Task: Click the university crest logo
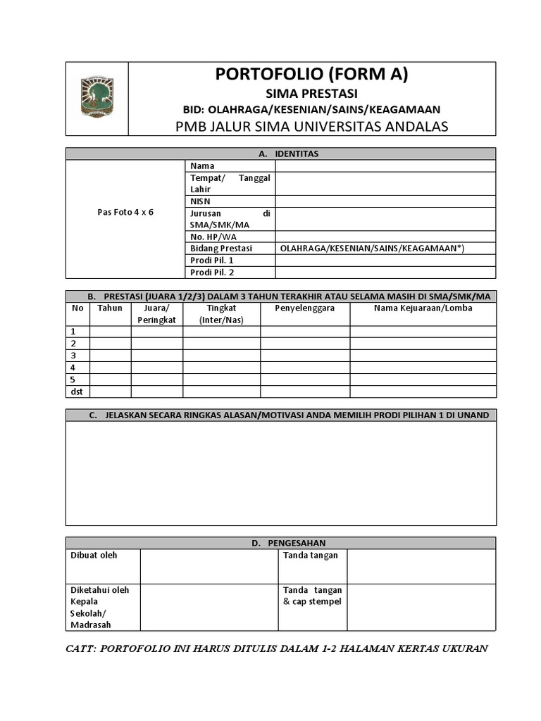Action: (x=97, y=98)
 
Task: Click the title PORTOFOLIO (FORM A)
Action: (x=311, y=75)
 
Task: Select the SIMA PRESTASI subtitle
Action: (x=311, y=94)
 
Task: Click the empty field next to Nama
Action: (x=385, y=166)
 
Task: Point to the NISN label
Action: (x=201, y=201)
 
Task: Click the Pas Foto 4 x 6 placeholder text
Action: (x=125, y=213)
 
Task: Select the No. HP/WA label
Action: (x=210, y=237)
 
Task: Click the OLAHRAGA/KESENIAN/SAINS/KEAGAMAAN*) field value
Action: (x=372, y=249)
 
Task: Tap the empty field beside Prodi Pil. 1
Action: (x=385, y=261)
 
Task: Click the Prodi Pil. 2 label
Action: (x=212, y=272)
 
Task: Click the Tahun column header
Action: (x=110, y=308)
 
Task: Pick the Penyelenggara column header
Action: (x=304, y=308)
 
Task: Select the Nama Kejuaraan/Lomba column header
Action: (x=423, y=308)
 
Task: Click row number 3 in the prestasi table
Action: (x=73, y=356)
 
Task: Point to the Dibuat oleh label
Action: (x=94, y=556)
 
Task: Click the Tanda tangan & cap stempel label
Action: (x=312, y=596)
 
